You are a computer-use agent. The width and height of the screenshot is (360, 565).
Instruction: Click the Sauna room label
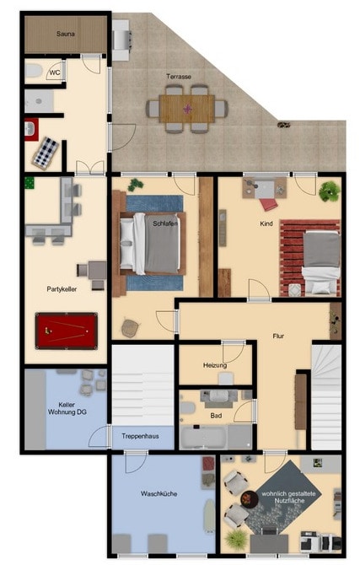(x=66, y=34)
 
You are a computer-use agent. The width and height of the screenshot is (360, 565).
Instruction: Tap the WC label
(x=55, y=73)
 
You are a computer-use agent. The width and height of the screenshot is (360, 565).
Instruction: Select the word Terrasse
(x=179, y=77)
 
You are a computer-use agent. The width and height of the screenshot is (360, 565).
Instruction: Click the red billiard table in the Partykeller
(x=66, y=331)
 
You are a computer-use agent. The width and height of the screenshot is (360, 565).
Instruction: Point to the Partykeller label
(x=62, y=289)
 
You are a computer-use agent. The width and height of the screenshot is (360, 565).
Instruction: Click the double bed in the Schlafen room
(x=149, y=243)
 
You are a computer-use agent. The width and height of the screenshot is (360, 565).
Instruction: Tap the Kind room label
(x=266, y=223)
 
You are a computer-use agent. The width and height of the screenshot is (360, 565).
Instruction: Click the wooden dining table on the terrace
(x=187, y=109)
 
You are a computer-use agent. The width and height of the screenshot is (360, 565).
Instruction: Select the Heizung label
(x=215, y=365)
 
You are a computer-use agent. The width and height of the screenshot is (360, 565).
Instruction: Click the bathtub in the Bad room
(x=203, y=437)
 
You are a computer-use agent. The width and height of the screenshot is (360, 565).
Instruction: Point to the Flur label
(x=278, y=336)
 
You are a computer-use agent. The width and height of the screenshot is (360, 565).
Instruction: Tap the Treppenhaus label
(x=140, y=436)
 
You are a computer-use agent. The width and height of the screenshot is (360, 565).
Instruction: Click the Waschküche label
(x=159, y=493)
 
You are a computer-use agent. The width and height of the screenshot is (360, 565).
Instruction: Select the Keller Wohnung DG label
(x=67, y=408)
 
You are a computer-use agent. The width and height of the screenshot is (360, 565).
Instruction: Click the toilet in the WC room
(x=35, y=71)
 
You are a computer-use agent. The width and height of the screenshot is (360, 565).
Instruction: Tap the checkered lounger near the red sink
(x=46, y=153)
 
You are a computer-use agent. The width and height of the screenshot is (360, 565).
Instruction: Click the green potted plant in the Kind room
(x=330, y=191)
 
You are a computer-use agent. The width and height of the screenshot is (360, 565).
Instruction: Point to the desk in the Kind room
(x=265, y=187)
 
